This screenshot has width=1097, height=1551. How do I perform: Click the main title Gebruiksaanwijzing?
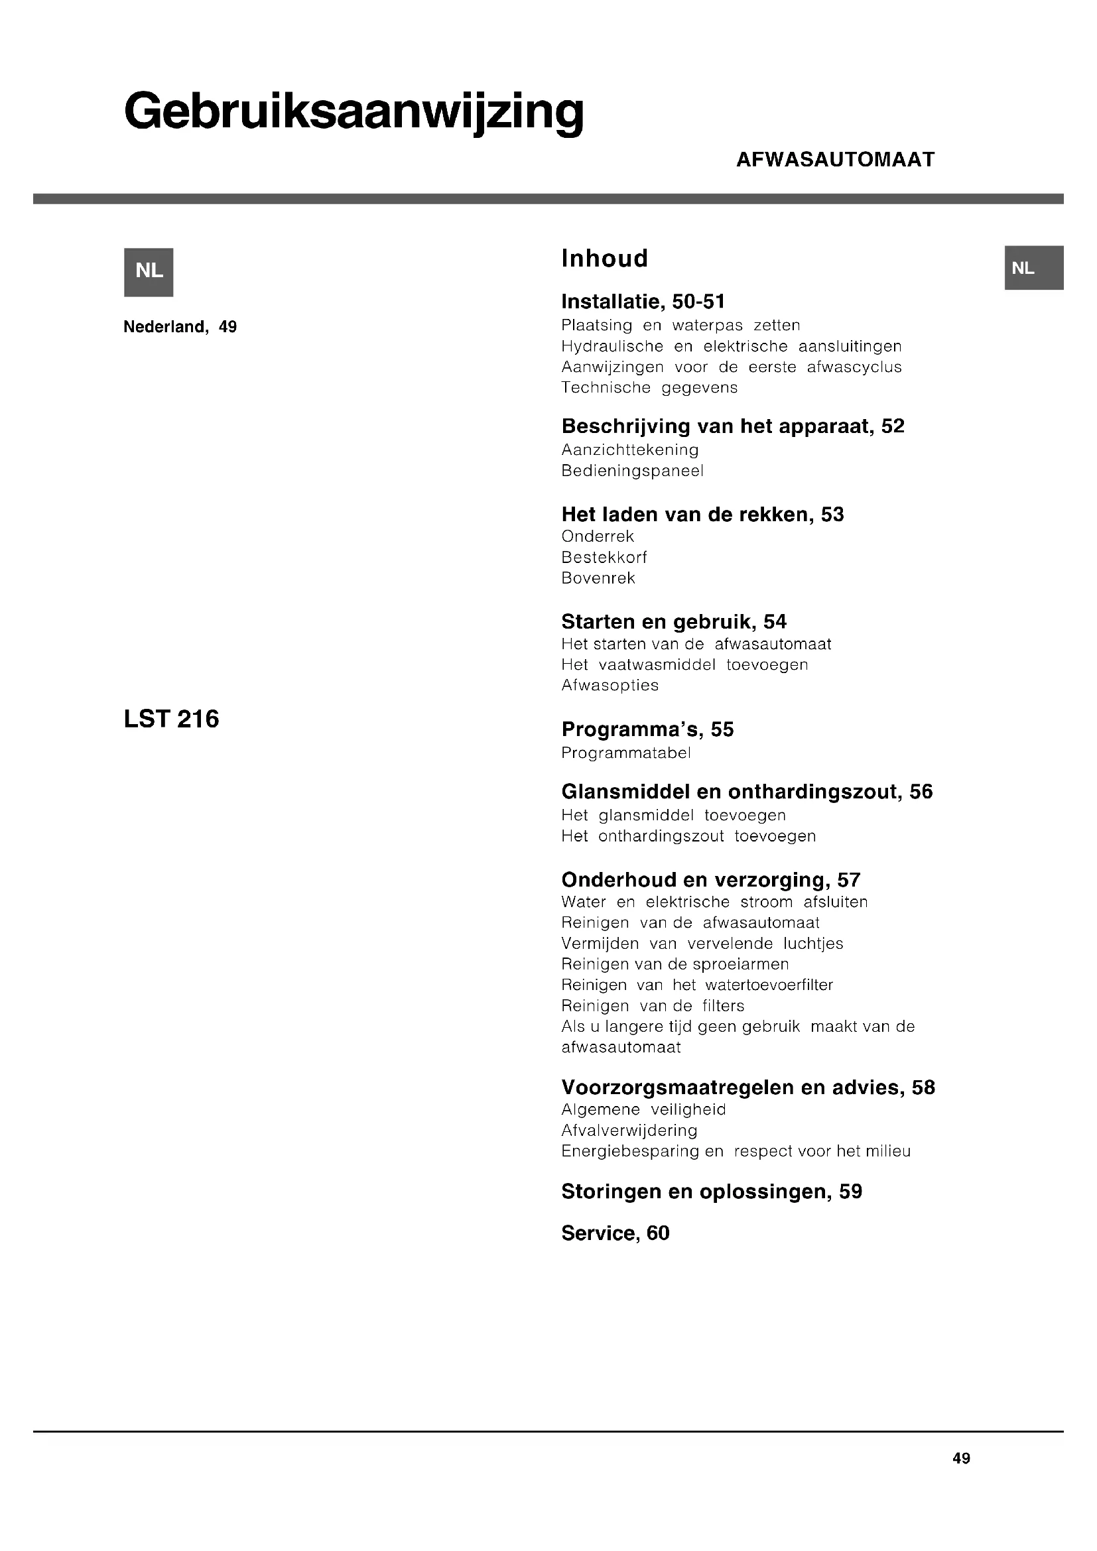[x=354, y=112]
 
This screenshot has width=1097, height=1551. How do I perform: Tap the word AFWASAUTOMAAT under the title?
[x=835, y=160]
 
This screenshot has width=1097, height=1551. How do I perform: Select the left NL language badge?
[x=149, y=272]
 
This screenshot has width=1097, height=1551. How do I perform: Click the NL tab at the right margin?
[x=1034, y=268]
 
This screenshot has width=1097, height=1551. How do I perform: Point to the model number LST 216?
[x=172, y=719]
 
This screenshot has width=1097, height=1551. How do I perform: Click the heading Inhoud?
[x=605, y=259]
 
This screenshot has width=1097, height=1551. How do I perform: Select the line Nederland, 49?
[x=180, y=327]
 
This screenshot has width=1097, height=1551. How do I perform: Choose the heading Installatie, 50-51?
[x=643, y=301]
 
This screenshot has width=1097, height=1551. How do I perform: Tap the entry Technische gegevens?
[x=649, y=388]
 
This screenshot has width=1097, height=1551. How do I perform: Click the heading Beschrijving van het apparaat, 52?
[x=732, y=426]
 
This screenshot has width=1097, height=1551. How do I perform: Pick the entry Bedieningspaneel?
[x=632, y=471]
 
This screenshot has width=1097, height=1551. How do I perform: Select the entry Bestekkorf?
[x=604, y=557]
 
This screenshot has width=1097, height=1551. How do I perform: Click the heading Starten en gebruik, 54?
[x=673, y=621]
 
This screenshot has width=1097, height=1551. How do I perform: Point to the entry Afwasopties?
[x=610, y=685]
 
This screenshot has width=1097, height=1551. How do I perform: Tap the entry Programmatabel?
[x=625, y=753]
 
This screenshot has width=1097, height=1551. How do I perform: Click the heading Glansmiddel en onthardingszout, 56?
[x=746, y=792]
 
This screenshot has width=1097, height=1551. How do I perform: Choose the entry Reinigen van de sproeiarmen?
[x=675, y=964]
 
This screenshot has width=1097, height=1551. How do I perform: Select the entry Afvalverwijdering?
[x=629, y=1130]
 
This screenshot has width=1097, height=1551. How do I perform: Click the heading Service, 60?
[x=615, y=1233]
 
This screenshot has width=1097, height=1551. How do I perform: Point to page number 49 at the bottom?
[x=960, y=1458]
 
